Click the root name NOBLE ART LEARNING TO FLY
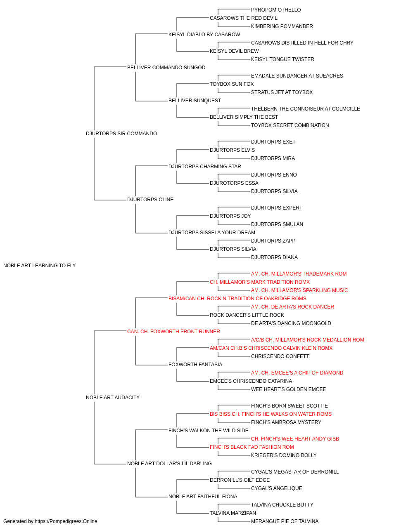tap(39, 266)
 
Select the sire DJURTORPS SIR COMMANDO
tap(121, 134)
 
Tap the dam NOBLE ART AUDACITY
tap(113, 398)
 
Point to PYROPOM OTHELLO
tap(276, 10)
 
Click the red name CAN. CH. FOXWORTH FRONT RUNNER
tap(173, 332)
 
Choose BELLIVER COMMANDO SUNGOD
tap(166, 68)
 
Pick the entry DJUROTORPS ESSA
tap(234, 183)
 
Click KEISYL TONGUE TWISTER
tap(282, 59)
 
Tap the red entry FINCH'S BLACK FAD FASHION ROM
tap(252, 447)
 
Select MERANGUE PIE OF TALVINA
tap(285, 521)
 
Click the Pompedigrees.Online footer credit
tap(50, 521)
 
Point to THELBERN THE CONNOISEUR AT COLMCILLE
tap(306, 109)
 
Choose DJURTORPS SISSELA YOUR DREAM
tap(212, 233)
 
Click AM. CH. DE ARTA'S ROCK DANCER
tap(292, 307)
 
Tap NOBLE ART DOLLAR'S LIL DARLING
tap(169, 464)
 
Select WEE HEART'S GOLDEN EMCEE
tap(288, 389)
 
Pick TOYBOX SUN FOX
tap(232, 84)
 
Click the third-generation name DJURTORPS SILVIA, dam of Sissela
tap(233, 249)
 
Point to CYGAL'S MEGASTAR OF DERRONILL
tap(295, 472)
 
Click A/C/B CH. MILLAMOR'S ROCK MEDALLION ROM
tap(307, 340)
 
